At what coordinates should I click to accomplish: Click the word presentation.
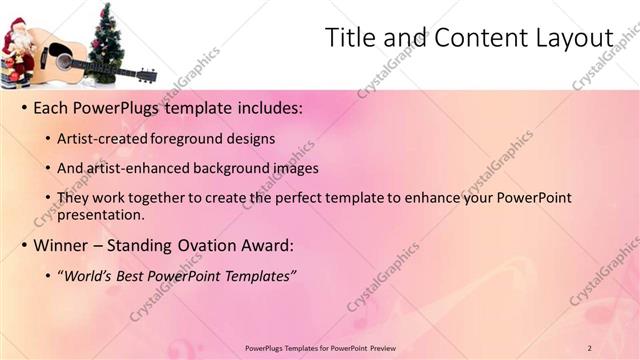pos(101,214)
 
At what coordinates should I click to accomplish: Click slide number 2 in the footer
pos(589,347)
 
